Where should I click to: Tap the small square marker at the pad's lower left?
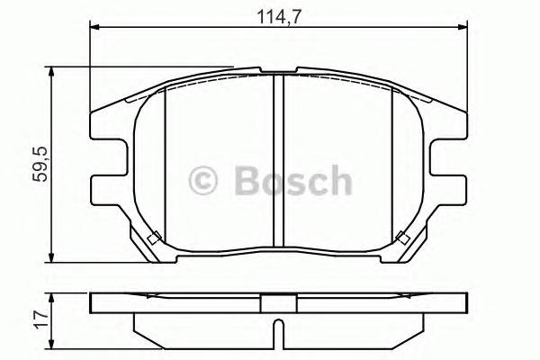click(x=153, y=238)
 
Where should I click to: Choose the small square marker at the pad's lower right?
click(x=404, y=238)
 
